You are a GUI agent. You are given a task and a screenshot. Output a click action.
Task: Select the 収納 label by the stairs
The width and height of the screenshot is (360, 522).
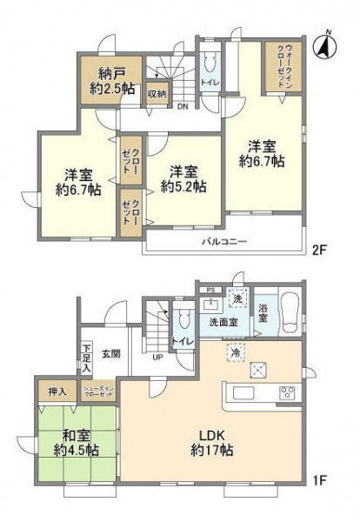[x=156, y=92]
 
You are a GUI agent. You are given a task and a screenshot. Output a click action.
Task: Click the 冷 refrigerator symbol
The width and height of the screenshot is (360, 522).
[x=235, y=353]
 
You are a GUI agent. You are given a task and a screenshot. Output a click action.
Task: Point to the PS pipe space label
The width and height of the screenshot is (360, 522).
[x=210, y=290]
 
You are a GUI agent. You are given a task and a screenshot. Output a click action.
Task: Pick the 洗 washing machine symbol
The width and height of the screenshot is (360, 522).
[x=237, y=298]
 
